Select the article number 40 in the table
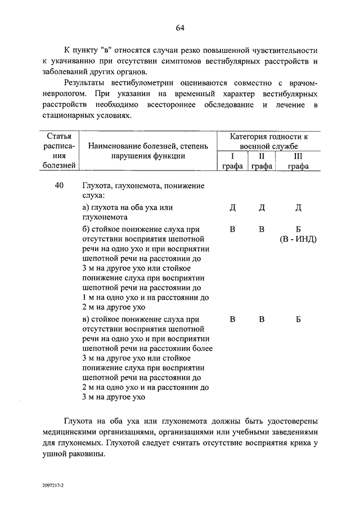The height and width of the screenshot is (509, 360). [x=59, y=186]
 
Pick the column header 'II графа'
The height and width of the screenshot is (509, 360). [x=262, y=161]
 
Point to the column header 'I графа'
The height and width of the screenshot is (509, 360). [x=232, y=161]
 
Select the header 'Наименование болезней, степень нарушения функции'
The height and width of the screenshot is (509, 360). [x=148, y=151]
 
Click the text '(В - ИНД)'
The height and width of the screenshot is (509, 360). [x=298, y=239]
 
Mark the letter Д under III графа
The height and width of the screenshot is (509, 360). [x=298, y=208]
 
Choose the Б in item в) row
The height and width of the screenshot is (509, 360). [x=298, y=319]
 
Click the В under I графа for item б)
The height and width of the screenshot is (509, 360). [x=232, y=229]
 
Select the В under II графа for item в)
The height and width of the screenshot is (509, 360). [x=262, y=319]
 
